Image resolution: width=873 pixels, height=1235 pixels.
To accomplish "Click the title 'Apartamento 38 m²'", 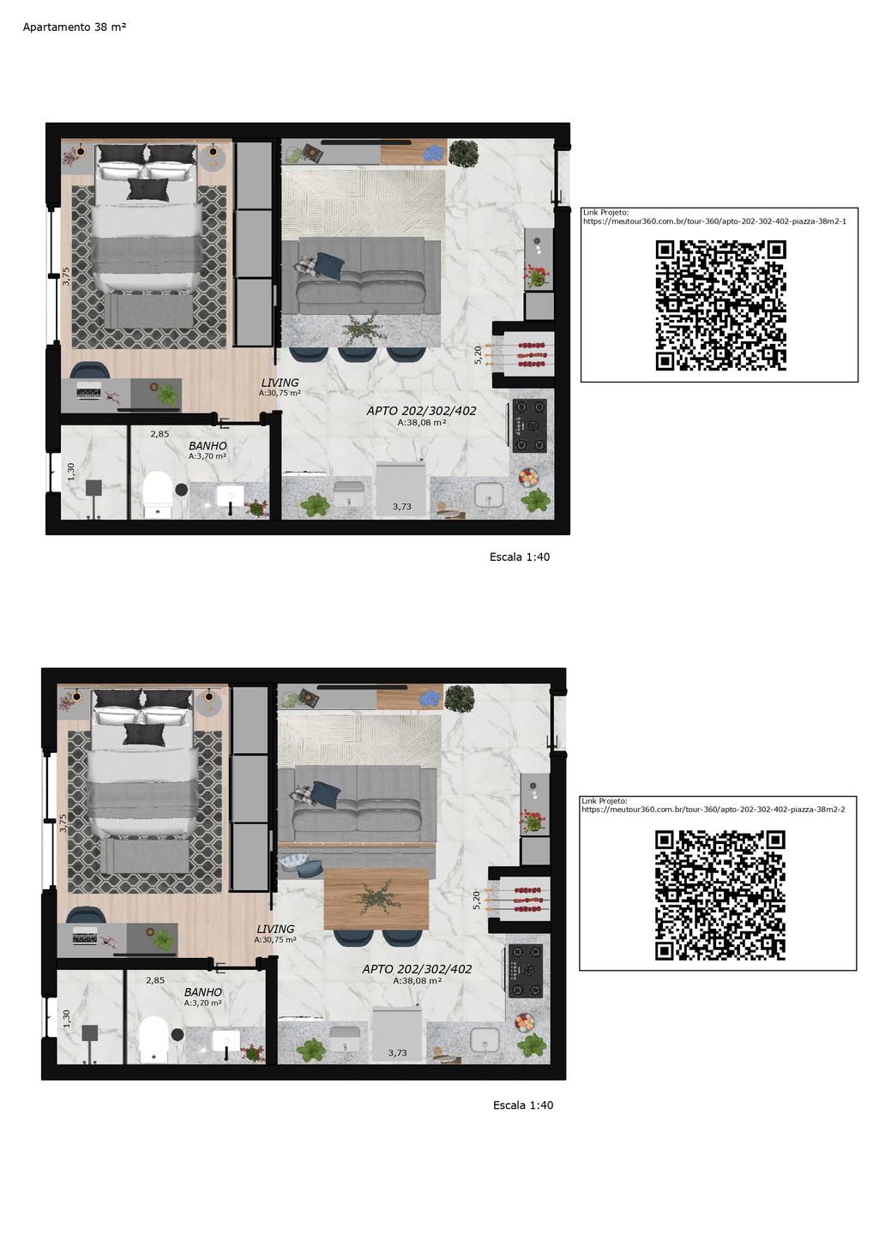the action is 75,27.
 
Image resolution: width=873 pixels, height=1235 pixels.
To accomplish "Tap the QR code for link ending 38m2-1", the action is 720,305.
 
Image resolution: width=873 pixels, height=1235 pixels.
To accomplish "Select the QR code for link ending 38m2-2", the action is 719,895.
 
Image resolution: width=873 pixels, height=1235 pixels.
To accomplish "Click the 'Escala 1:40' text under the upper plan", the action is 519,557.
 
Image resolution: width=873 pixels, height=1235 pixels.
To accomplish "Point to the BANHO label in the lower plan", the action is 203,992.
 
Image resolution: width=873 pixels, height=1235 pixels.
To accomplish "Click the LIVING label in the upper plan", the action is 280,383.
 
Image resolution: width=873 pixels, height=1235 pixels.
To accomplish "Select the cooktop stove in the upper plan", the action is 530,425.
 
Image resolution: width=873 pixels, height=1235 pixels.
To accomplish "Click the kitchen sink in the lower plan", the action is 485,1039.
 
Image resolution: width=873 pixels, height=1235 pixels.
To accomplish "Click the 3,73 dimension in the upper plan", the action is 402,507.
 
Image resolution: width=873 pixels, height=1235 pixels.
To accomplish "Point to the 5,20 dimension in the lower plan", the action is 476,901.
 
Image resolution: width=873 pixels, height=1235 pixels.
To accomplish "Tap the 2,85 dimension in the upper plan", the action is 160,434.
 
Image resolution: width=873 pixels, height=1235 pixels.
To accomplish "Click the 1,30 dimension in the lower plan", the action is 66,1019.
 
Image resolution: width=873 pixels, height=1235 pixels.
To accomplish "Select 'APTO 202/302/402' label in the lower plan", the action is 417,969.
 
